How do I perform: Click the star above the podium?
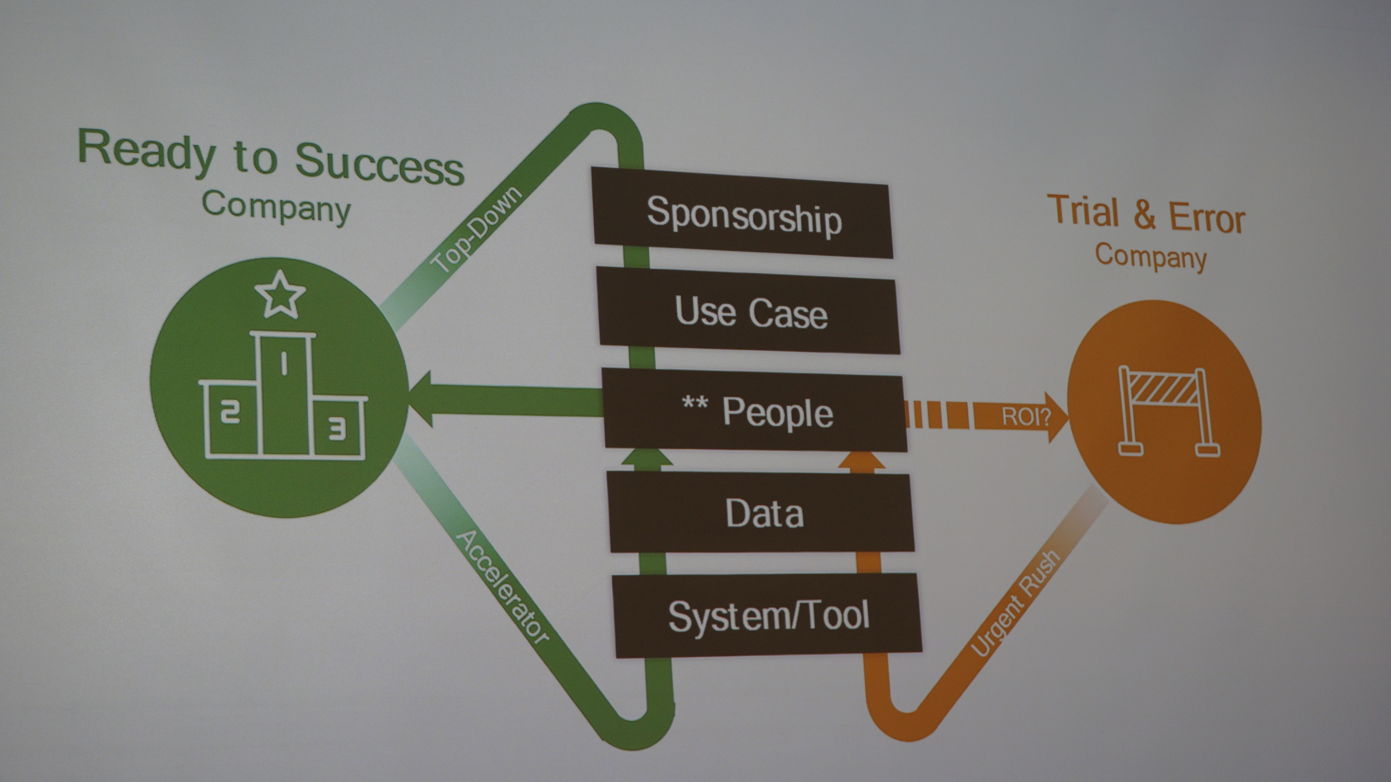coord(280,294)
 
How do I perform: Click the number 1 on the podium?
coord(283,363)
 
